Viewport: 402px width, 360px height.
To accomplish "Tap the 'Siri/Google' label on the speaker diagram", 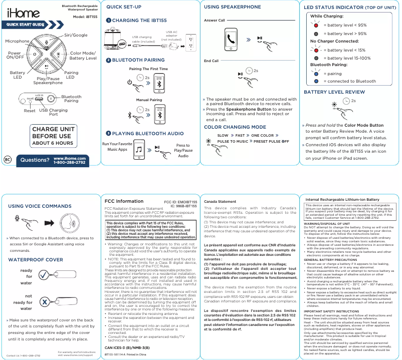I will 76,36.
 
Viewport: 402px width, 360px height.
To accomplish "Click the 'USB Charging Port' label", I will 53,113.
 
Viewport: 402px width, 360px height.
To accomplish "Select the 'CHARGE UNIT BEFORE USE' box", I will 53,136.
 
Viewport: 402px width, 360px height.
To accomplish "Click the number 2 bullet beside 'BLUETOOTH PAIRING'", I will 108,60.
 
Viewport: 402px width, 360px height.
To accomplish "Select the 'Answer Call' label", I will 215,20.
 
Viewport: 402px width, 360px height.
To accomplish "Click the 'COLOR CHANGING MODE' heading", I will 235,127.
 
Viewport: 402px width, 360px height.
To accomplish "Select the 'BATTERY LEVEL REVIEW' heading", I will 334,92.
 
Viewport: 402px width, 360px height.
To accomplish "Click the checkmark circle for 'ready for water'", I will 45,276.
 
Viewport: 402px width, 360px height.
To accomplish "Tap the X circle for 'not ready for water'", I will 45,302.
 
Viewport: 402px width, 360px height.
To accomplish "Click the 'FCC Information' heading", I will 123,201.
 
